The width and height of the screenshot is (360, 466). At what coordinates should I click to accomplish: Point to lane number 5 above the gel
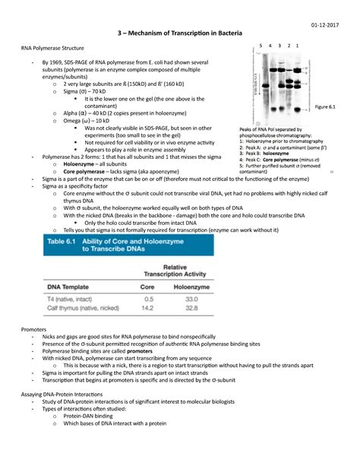pyautogui.click(x=261, y=46)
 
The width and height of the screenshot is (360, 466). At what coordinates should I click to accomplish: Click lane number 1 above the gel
pyautogui.click(x=307, y=46)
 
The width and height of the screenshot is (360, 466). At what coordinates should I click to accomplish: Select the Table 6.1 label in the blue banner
pyautogui.click(x=53, y=242)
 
